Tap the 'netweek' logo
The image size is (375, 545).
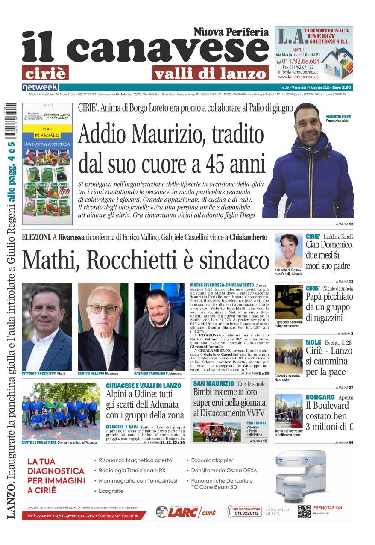34,87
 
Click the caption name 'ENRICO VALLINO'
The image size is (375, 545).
91,374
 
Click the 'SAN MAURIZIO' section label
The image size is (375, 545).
214,384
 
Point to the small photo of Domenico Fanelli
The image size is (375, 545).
288,250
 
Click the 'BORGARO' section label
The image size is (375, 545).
320,397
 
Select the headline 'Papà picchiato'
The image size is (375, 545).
328,297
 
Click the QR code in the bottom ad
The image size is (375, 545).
304,511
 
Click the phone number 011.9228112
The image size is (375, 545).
246,513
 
